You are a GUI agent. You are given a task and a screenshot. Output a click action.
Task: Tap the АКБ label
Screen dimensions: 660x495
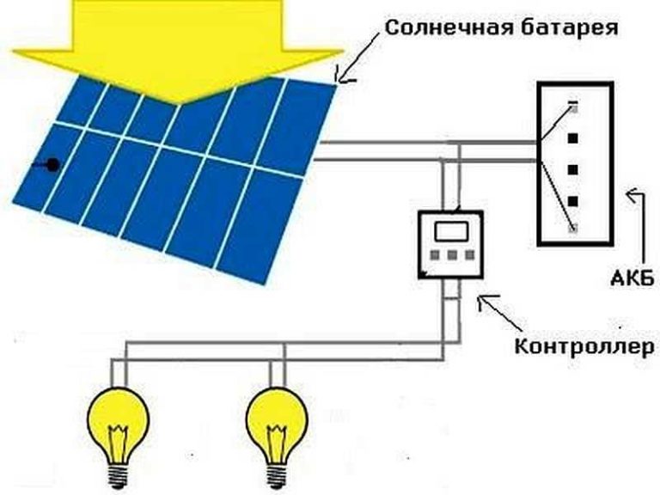click(632, 278)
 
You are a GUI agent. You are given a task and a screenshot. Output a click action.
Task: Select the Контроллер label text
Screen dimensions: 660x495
click(584, 347)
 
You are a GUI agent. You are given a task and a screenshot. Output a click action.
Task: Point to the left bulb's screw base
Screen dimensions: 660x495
click(119, 476)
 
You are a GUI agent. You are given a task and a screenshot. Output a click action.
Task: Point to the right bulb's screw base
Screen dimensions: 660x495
click(277, 476)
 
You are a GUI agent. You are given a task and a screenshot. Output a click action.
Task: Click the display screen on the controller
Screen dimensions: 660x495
click(451, 231)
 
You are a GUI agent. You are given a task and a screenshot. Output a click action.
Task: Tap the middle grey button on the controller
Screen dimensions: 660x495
click(452, 255)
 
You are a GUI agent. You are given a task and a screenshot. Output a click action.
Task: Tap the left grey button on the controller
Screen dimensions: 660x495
click(435, 255)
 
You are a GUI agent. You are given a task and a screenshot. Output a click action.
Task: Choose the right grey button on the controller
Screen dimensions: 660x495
click(470, 255)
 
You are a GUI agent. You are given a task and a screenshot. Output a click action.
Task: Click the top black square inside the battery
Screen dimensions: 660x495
click(573, 138)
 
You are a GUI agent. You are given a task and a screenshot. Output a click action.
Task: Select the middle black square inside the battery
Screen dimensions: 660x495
click(573, 170)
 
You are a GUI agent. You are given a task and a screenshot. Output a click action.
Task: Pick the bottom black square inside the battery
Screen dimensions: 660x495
click(573, 201)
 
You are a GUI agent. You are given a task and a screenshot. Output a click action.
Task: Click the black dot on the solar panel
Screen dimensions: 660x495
click(52, 165)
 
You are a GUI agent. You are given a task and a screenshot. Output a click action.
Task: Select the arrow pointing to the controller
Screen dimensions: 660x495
click(501, 312)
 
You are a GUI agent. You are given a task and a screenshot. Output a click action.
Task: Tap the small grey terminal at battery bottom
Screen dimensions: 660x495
click(572, 229)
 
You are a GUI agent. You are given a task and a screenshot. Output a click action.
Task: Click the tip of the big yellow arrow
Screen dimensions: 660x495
click(180, 103)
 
